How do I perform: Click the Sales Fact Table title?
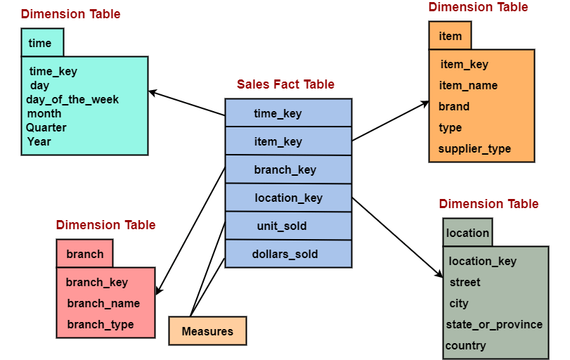pyautogui.click(x=285, y=84)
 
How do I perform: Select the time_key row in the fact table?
pyautogui.click(x=288, y=113)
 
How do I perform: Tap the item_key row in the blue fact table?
pyautogui.click(x=288, y=141)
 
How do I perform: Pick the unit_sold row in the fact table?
pyautogui.click(x=288, y=226)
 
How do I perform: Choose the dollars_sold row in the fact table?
pyautogui.click(x=288, y=254)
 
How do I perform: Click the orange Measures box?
pyautogui.click(x=207, y=331)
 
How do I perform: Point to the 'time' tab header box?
pyautogui.click(x=42, y=43)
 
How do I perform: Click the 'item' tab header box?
pyautogui.click(x=450, y=35)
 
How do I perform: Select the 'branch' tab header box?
pyautogui.click(x=84, y=254)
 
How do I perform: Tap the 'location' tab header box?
pyautogui.click(x=467, y=233)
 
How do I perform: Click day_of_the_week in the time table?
pyautogui.click(x=72, y=99)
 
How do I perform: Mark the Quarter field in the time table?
pyautogui.click(x=46, y=127)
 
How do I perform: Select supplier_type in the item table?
pyautogui.click(x=474, y=148)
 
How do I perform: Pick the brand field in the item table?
pyautogui.click(x=454, y=106)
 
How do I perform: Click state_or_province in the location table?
pyautogui.click(x=494, y=324)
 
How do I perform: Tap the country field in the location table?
pyautogui.click(x=465, y=345)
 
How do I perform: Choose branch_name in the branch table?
pyautogui.click(x=103, y=303)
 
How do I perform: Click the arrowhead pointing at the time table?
pyautogui.click(x=153, y=92)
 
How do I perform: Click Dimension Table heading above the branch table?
pyautogui.click(x=105, y=225)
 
